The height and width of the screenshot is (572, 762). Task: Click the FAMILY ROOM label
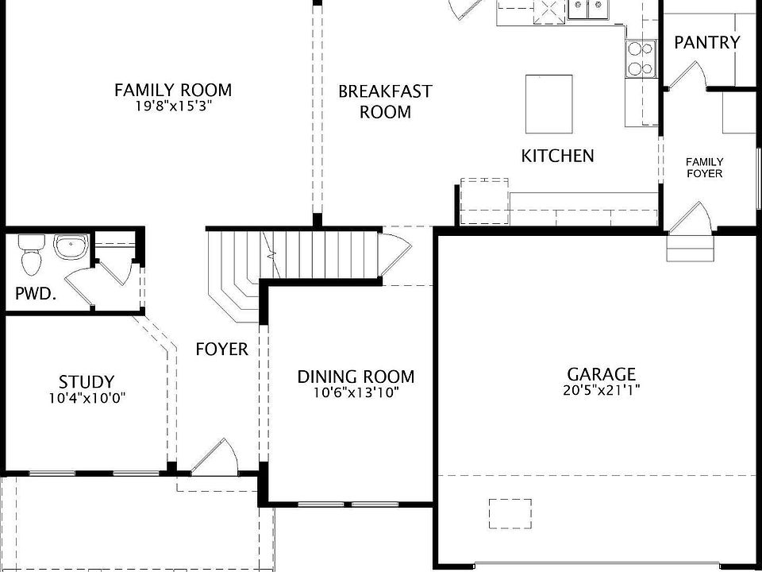(173, 90)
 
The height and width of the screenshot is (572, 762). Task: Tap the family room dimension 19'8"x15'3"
(173, 106)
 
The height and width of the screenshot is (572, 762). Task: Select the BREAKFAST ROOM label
(385, 101)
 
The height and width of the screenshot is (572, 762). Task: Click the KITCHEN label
(557, 156)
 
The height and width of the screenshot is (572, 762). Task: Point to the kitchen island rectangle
(549, 104)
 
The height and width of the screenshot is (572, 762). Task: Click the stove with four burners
(641, 58)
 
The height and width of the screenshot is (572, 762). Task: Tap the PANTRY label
(706, 43)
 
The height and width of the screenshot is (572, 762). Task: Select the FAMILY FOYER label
(705, 168)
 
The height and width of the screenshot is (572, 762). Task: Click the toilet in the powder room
(31, 253)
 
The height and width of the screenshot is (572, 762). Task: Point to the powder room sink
(70, 247)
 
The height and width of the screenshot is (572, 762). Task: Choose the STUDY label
(87, 382)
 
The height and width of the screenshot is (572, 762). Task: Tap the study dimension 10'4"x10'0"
(87, 398)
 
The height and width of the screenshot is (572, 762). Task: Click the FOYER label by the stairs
(222, 349)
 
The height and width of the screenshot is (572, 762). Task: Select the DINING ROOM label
(356, 377)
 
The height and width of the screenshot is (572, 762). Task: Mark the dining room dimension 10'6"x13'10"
(356, 392)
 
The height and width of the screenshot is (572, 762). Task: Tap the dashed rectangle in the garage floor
(510, 513)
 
